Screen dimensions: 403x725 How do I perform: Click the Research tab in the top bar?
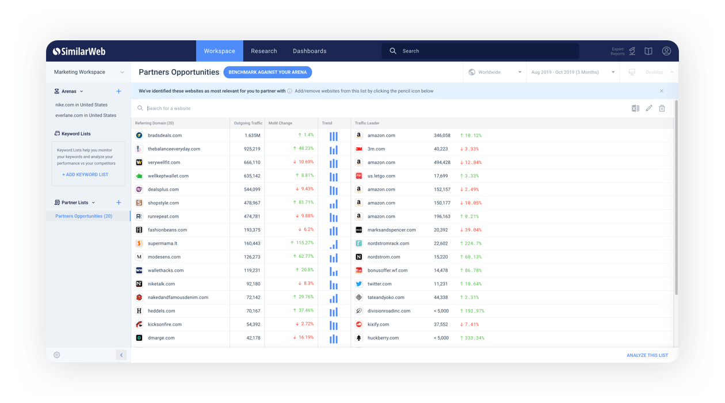pyautogui.click(x=264, y=51)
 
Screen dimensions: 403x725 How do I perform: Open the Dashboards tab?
pyautogui.click(x=310, y=51)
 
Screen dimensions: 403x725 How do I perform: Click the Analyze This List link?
pyautogui.click(x=647, y=355)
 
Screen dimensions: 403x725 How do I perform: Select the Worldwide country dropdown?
pyautogui.click(x=495, y=73)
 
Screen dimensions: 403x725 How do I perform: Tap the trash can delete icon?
pyautogui.click(x=662, y=108)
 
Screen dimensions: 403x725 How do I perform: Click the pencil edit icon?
pyautogui.click(x=648, y=108)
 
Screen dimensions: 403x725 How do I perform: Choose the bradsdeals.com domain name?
pyautogui.click(x=165, y=136)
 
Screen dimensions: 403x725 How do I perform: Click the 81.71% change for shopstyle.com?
pyautogui.click(x=303, y=203)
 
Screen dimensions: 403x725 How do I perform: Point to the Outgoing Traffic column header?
pyautogui.click(x=248, y=123)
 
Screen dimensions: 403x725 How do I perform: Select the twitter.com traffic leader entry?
pyautogui.click(x=379, y=284)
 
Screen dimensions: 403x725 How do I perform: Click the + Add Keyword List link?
pyautogui.click(x=85, y=174)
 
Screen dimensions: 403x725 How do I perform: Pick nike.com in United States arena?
pyautogui.click(x=81, y=105)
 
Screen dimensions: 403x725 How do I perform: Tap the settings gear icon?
pyautogui.click(x=57, y=355)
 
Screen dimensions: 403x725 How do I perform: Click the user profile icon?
pyautogui.click(x=666, y=51)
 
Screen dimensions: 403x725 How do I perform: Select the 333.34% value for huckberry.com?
pyautogui.click(x=474, y=338)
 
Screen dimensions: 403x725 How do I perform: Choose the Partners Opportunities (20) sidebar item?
pyautogui.click(x=84, y=216)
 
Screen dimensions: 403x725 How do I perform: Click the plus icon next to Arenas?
pyautogui.click(x=119, y=91)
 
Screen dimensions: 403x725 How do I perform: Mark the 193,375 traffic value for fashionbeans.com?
pyautogui.click(x=252, y=230)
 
